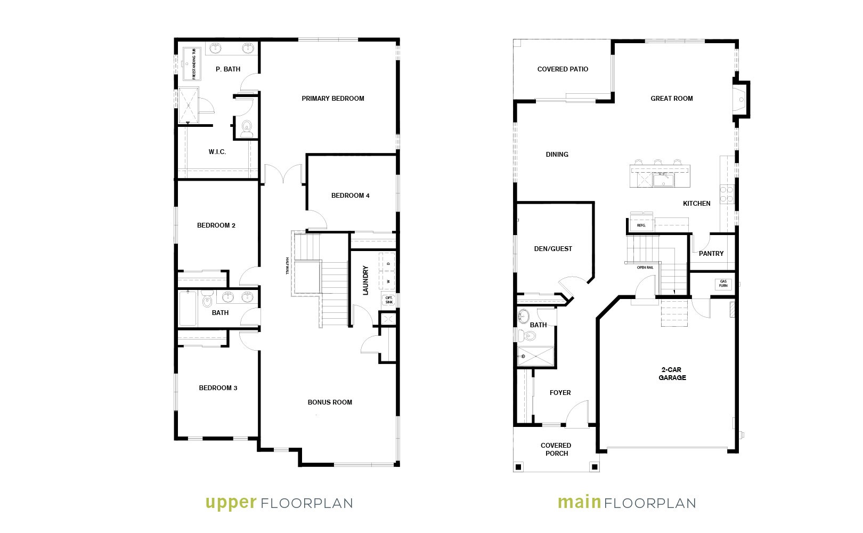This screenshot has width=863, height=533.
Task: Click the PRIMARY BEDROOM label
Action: click(x=333, y=99)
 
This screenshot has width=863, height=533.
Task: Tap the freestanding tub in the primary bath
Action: click(x=191, y=64)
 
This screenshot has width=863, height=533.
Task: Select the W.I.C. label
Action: click(x=217, y=152)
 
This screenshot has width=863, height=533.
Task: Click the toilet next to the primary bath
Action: click(x=247, y=129)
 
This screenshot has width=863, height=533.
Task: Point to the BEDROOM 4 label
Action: click(x=350, y=196)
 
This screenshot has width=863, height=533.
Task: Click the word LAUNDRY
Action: click(x=365, y=280)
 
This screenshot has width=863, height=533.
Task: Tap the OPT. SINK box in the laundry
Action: click(x=389, y=300)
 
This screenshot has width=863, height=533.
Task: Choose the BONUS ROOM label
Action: click(x=330, y=402)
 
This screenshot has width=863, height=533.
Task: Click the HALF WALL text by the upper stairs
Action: click(x=288, y=266)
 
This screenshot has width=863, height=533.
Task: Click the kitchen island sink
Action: click(x=663, y=180)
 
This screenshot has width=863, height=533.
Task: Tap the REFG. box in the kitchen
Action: click(x=641, y=225)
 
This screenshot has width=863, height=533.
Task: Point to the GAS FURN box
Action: click(x=723, y=284)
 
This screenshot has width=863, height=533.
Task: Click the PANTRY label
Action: click(x=711, y=254)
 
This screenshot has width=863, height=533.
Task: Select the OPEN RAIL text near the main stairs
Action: click(x=645, y=268)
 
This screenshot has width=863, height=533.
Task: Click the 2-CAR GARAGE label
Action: click(x=672, y=374)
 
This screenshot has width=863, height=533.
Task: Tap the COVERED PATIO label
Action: click(x=563, y=69)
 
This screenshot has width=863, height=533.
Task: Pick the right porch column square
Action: click(x=595, y=467)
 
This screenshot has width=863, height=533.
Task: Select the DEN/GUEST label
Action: click(x=553, y=249)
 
